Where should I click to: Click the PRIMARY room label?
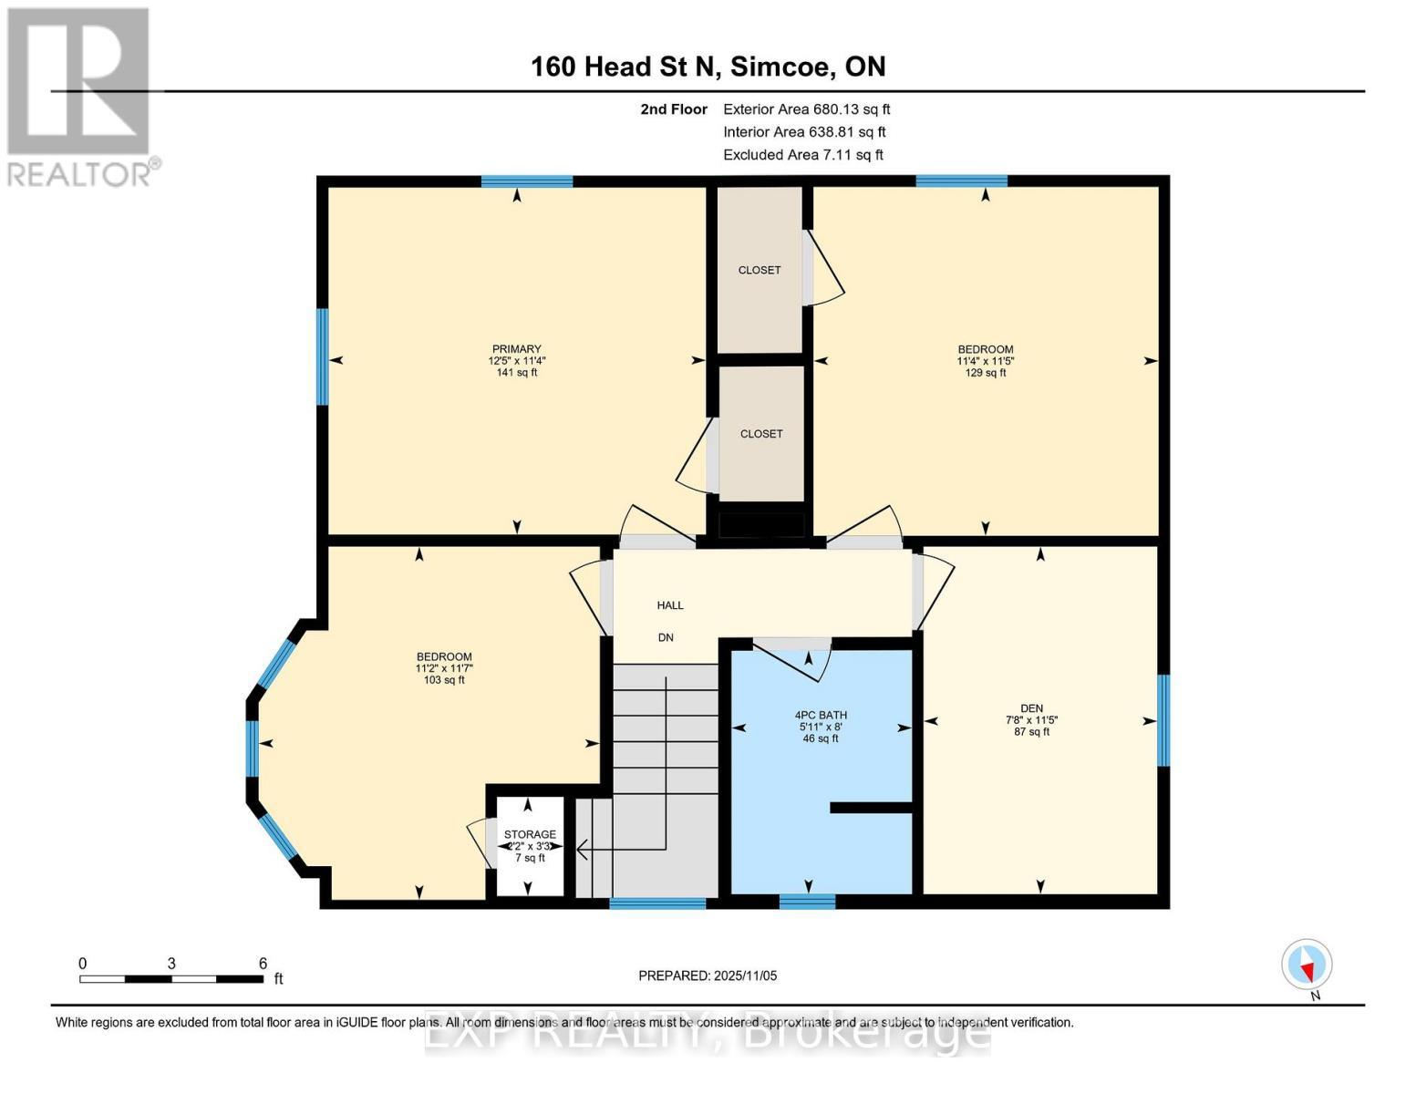(516, 349)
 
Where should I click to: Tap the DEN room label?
(1031, 708)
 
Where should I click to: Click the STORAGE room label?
(530, 834)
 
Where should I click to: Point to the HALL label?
(670, 605)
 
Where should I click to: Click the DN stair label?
(666, 637)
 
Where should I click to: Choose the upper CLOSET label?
(760, 270)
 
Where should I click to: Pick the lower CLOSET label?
(761, 434)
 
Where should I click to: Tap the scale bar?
(171, 979)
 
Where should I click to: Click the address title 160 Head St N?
(708, 67)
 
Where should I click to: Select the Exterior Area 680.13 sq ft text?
(806, 109)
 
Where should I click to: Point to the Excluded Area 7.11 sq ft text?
(802, 155)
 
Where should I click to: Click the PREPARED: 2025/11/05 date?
(708, 975)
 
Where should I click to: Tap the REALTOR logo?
(80, 96)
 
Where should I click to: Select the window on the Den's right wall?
(1163, 720)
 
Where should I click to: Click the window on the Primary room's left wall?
(322, 356)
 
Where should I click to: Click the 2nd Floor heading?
(674, 109)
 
